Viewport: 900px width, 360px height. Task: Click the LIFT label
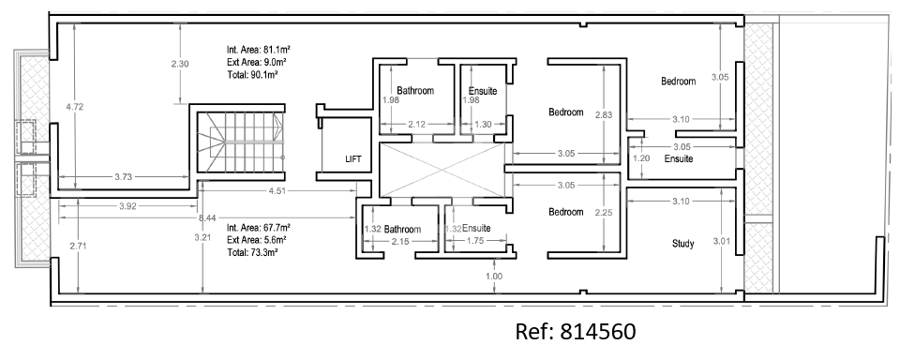pyautogui.click(x=353, y=159)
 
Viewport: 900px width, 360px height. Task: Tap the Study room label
pyautogui.click(x=683, y=244)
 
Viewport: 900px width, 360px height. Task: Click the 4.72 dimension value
pyautogui.click(x=75, y=106)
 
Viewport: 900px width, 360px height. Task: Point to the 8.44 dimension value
pyautogui.click(x=207, y=217)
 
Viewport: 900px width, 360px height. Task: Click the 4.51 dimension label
pyautogui.click(x=277, y=191)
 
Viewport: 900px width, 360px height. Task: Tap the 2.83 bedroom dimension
pyautogui.click(x=604, y=114)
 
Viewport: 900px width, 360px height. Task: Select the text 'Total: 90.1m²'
pyautogui.click(x=252, y=75)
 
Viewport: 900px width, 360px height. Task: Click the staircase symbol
pyautogui.click(x=241, y=142)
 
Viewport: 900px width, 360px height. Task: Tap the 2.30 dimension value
pyautogui.click(x=180, y=64)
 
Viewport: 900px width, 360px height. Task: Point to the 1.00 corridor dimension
pyautogui.click(x=494, y=277)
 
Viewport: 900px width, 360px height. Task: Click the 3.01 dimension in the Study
pyautogui.click(x=721, y=241)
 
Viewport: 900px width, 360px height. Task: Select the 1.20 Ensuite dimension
pyautogui.click(x=640, y=158)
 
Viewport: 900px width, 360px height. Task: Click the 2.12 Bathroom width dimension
pyautogui.click(x=416, y=124)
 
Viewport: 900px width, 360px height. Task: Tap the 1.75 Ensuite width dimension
pyautogui.click(x=476, y=241)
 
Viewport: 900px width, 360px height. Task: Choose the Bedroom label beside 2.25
pyautogui.click(x=566, y=212)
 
